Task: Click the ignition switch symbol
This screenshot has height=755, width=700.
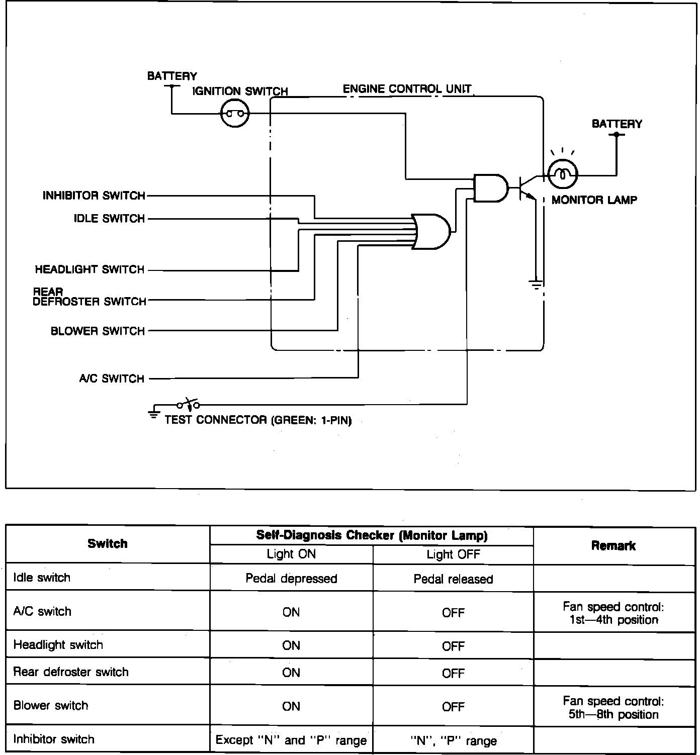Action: tap(235, 114)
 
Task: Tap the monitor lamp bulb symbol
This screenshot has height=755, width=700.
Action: tap(562, 175)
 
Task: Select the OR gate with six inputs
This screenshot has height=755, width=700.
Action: tap(431, 231)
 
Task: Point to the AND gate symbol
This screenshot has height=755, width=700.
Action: tap(490, 188)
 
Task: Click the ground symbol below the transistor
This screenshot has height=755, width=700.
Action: tap(536, 285)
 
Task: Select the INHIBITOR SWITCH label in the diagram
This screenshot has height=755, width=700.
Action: tap(94, 196)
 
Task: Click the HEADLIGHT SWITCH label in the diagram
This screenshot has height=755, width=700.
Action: tap(90, 269)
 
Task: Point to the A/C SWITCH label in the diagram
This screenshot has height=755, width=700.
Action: tap(112, 379)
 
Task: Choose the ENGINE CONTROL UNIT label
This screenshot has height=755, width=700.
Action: tap(407, 89)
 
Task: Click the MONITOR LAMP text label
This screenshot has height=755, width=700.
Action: tap(594, 200)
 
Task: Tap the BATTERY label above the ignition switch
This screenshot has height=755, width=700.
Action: tap(172, 76)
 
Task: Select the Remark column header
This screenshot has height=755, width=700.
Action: tap(613, 545)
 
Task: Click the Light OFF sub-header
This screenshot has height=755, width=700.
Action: tap(453, 554)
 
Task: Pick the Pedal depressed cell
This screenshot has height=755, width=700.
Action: tap(291, 579)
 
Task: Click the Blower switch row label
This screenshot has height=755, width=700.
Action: tap(51, 705)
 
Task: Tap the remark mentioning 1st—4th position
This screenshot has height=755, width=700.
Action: tap(614, 613)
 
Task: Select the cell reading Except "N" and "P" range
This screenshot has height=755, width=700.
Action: tap(291, 740)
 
